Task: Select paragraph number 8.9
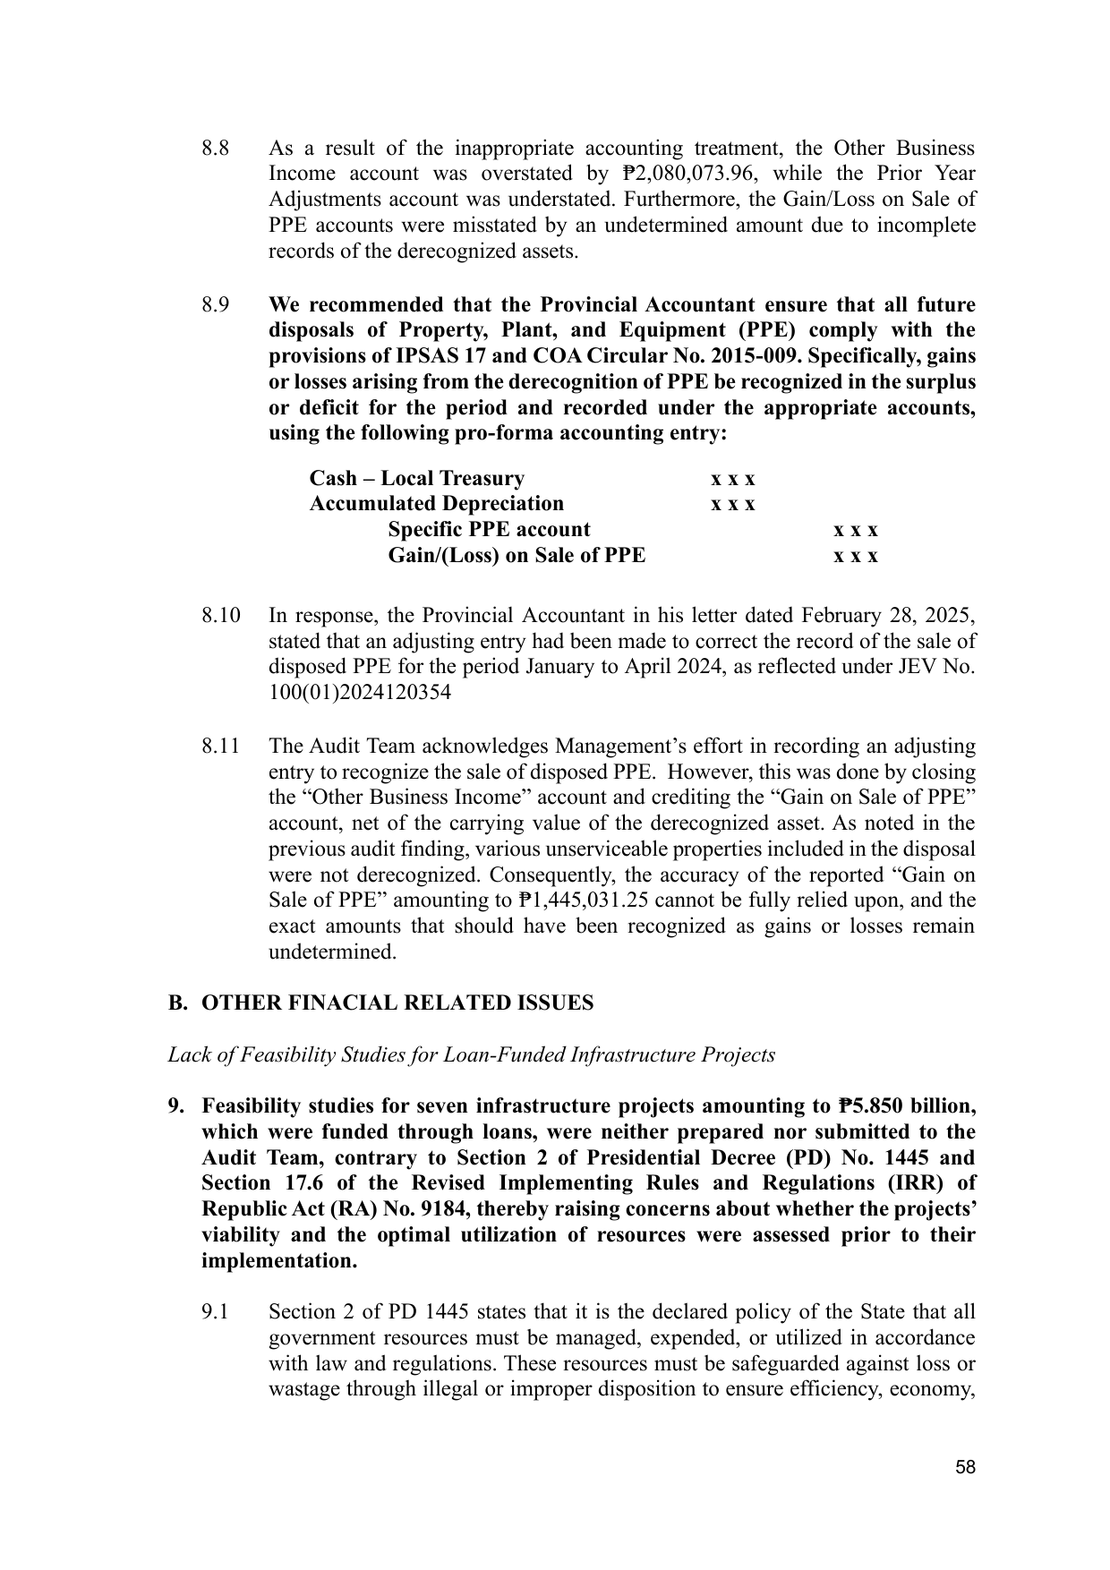pos(216,305)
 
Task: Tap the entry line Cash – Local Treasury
pos(416,479)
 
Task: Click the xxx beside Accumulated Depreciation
pos(732,505)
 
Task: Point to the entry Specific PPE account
pos(489,530)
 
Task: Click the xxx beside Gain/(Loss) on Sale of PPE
pos(856,557)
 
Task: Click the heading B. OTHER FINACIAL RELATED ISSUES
pos(380,1003)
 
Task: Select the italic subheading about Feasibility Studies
pos(471,1055)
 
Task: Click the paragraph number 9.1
pos(216,1313)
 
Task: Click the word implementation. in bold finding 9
pos(279,1261)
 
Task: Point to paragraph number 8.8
pos(216,149)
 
